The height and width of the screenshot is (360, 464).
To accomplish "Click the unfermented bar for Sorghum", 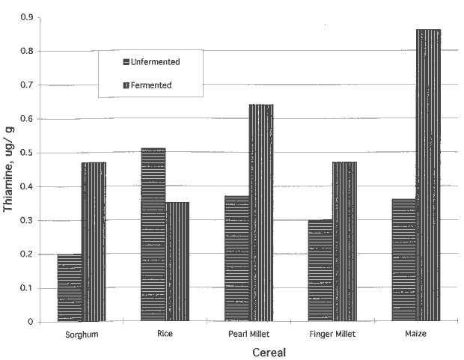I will (70, 288).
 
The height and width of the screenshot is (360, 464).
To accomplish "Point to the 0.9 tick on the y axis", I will (30, 16).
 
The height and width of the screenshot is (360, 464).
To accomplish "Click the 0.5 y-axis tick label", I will (30, 153).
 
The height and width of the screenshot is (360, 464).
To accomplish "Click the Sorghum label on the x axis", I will (82, 334).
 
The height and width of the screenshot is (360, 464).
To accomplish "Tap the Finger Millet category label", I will (333, 334).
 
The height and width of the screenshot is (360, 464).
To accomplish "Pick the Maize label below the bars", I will (417, 334).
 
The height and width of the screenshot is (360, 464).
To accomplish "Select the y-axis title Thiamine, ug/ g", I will (10, 170).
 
